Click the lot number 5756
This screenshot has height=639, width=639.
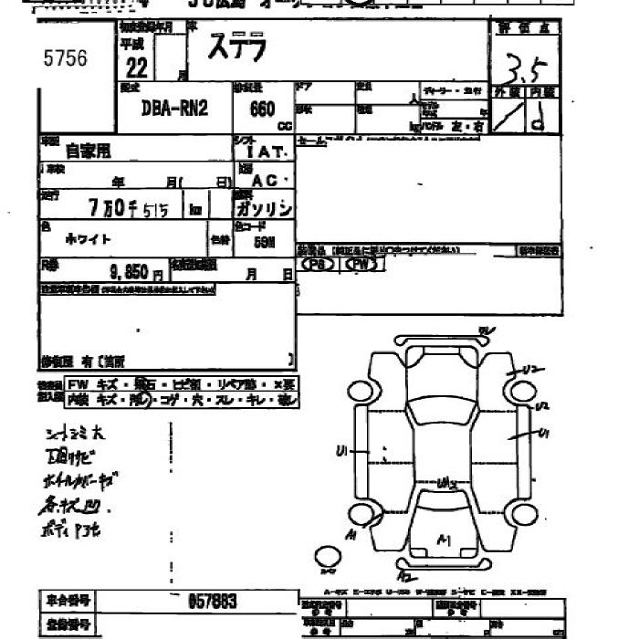pyautogui.click(x=65, y=59)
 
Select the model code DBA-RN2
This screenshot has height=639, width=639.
pyautogui.click(x=174, y=109)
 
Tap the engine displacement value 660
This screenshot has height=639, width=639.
pyautogui.click(x=261, y=109)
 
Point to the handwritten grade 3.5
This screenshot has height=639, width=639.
pyautogui.click(x=524, y=67)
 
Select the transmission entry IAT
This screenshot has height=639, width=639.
pyautogui.click(x=267, y=153)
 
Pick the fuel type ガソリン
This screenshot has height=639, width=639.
pyautogui.click(x=264, y=209)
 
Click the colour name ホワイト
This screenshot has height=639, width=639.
pyautogui.click(x=89, y=239)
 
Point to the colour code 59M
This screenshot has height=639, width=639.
pyautogui.click(x=265, y=243)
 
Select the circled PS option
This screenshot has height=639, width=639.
pyautogui.click(x=318, y=264)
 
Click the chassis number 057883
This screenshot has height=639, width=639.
pyautogui.click(x=212, y=601)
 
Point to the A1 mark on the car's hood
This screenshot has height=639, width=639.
pyautogui.click(x=445, y=540)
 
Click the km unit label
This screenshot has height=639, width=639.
pyautogui.click(x=194, y=209)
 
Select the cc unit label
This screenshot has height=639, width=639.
pyautogui.click(x=284, y=124)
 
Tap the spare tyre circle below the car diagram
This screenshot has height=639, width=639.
pyautogui.click(x=327, y=555)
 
